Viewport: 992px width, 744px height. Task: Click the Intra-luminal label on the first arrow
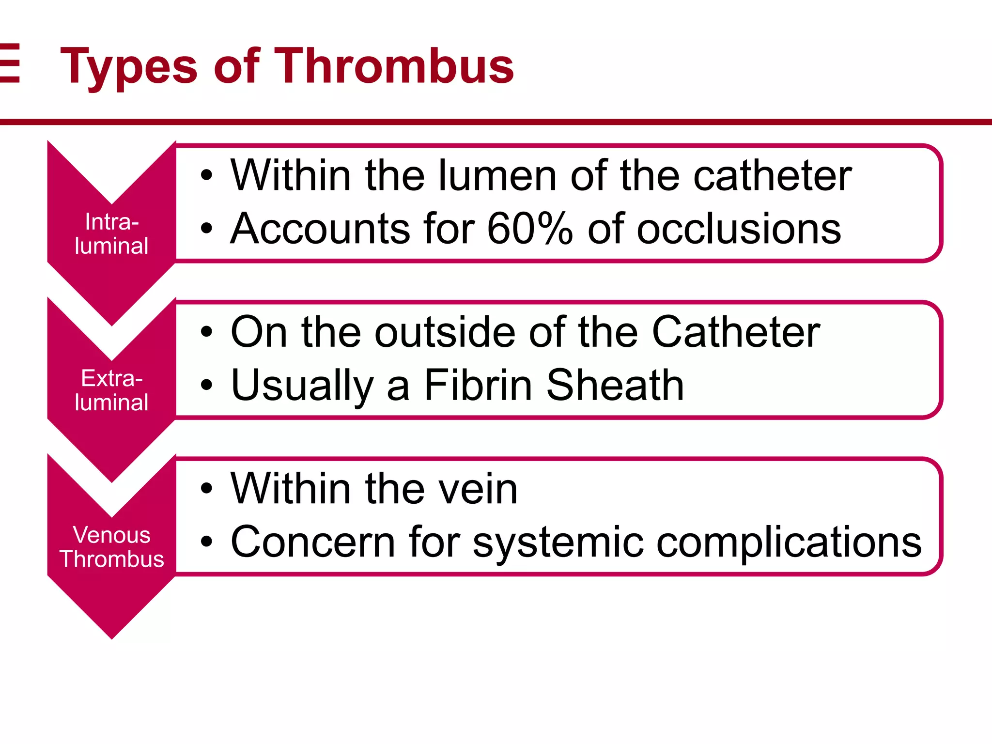[111, 234]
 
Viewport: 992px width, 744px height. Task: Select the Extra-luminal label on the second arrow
[111, 390]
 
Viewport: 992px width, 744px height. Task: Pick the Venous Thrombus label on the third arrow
[111, 547]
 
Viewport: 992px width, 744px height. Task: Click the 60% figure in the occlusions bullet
[530, 229]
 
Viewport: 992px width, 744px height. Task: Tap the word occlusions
[739, 229]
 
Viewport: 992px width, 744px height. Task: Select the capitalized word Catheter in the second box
[736, 332]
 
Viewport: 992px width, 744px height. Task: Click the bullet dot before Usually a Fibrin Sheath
[207, 385]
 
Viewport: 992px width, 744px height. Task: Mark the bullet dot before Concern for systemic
[207, 542]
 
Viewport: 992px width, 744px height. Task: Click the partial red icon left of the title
[10, 63]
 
